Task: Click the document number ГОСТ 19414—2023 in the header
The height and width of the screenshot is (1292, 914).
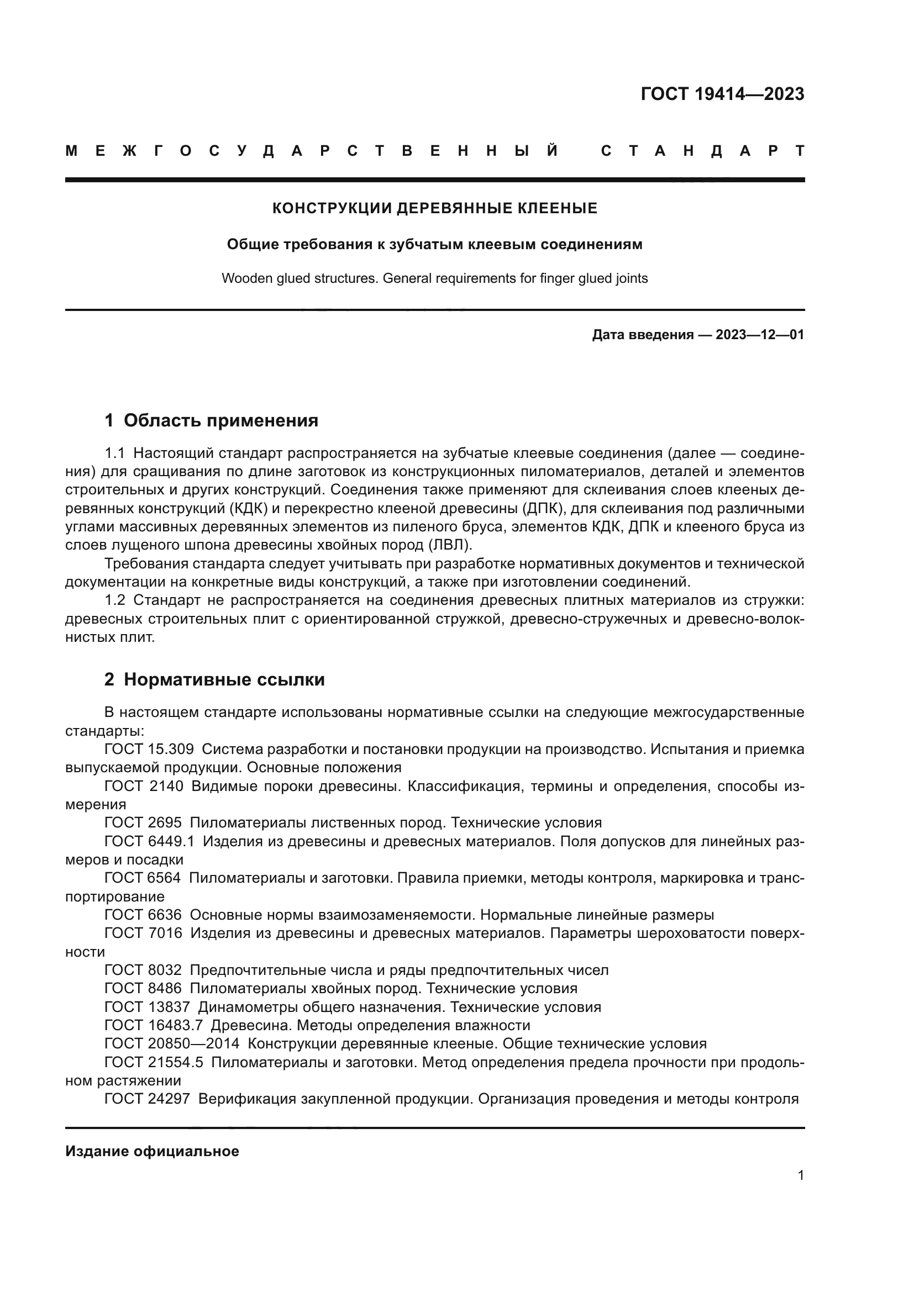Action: point(722,94)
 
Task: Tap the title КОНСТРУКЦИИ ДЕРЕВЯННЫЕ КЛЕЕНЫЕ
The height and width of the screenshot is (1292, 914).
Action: point(434,209)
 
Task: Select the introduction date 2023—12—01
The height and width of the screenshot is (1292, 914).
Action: point(759,335)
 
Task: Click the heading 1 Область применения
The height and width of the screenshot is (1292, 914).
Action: point(211,420)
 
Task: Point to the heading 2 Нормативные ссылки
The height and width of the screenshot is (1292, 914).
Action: point(214,680)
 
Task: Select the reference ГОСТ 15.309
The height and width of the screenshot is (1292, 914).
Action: point(149,750)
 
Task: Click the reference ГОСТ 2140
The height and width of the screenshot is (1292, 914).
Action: point(144,786)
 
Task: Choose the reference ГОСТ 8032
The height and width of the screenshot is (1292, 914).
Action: point(144,970)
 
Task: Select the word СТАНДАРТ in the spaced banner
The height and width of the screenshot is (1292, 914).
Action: point(702,151)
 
